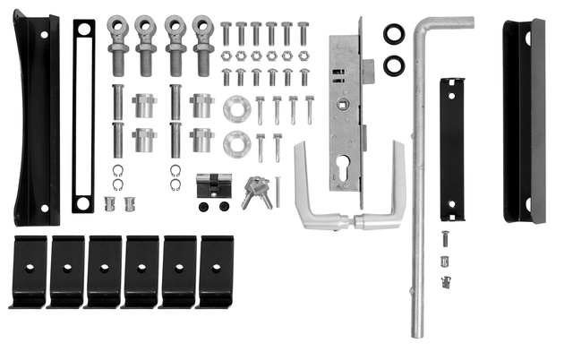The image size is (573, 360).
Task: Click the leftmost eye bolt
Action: [x=118, y=45]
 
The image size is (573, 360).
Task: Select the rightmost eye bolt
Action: [x=204, y=45]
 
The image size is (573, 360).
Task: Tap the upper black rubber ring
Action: [x=394, y=35]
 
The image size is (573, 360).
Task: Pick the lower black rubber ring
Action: [x=394, y=65]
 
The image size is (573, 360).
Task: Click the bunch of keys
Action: [x=256, y=191]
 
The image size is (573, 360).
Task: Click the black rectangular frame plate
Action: [x=83, y=116]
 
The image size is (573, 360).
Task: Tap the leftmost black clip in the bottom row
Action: [x=29, y=270]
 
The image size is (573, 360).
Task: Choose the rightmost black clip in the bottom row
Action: [x=215, y=270]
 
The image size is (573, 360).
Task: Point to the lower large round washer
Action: [x=236, y=142]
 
